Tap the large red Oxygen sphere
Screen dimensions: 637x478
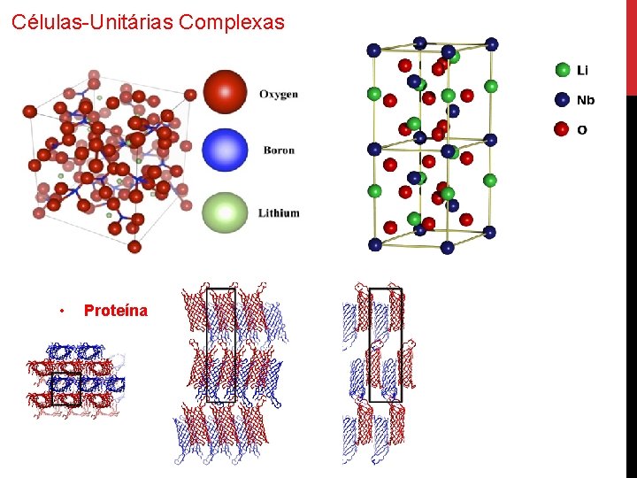(x=226, y=92)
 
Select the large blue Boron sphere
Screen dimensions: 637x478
(x=225, y=150)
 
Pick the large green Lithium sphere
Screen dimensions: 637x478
(x=225, y=212)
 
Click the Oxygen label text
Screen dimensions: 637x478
(x=279, y=94)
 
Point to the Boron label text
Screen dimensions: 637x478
(x=279, y=150)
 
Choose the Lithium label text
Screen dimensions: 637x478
(x=279, y=213)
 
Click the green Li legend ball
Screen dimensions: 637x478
(x=562, y=69)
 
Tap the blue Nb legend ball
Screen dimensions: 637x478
(x=562, y=100)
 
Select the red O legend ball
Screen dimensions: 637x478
(x=562, y=130)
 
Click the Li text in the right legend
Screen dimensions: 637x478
(x=582, y=70)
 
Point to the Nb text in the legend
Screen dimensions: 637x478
(x=586, y=100)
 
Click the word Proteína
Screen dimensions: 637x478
(x=116, y=311)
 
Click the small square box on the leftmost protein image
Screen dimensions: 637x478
(x=66, y=389)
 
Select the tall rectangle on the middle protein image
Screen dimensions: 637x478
(x=220, y=345)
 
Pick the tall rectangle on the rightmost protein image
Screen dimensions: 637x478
(x=386, y=345)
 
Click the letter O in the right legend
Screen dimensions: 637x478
(x=582, y=130)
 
